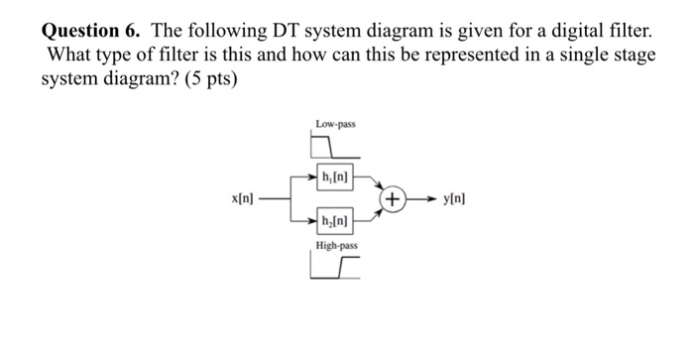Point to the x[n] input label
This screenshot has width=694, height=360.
click(242, 199)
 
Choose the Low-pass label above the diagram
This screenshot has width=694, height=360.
click(335, 124)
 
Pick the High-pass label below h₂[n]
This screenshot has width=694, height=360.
click(336, 244)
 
